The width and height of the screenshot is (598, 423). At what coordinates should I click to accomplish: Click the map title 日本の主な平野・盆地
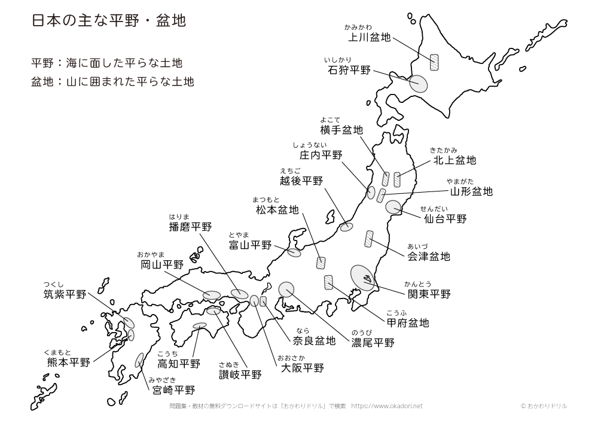tap(108, 22)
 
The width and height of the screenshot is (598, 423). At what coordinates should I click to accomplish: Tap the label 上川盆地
tap(369, 38)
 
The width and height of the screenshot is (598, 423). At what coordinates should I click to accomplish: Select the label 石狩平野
tap(349, 70)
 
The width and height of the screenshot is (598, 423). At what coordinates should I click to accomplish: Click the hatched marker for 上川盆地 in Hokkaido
tap(434, 62)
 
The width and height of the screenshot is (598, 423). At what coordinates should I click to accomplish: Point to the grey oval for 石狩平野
tap(419, 83)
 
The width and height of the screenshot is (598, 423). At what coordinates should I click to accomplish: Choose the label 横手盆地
tap(341, 130)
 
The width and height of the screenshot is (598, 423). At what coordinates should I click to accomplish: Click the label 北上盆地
tap(454, 160)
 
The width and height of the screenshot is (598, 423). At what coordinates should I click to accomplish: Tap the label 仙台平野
tap(445, 219)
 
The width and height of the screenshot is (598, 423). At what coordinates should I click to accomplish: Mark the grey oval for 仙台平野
tap(393, 207)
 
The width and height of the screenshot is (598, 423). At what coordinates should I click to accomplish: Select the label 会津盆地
tap(428, 257)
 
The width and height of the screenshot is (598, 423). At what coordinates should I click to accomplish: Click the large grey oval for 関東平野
tap(362, 278)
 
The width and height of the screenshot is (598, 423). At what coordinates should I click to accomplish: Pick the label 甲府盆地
tap(407, 323)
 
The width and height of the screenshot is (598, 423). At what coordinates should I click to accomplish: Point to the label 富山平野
tap(250, 245)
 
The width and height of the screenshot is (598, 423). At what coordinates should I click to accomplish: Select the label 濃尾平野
tap(373, 343)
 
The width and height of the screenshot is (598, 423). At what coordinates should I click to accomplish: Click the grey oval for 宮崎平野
tap(139, 360)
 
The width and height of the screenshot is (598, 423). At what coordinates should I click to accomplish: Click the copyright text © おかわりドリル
tap(544, 406)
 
